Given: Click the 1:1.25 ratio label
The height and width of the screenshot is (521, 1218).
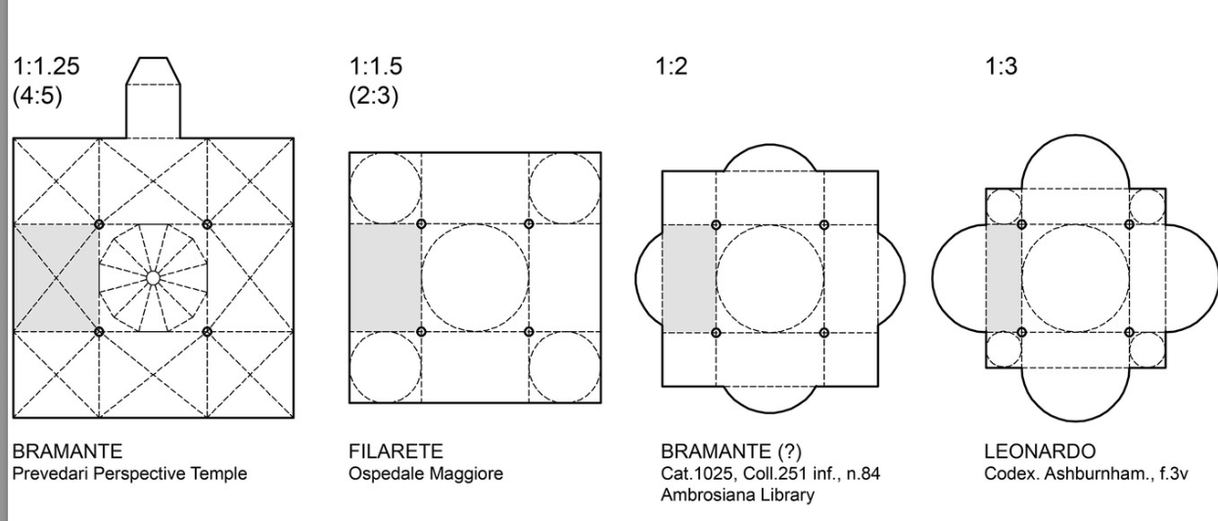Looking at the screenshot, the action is (x=46, y=67).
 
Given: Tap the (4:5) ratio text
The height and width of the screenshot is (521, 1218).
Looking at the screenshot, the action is (x=37, y=96).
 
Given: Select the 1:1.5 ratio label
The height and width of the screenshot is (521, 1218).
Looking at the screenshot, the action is (x=376, y=67).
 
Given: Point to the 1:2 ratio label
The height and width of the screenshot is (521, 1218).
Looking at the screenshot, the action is (x=672, y=67).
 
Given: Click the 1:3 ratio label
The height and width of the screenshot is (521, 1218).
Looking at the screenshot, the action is (x=1001, y=67).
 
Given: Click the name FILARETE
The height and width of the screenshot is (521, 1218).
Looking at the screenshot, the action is (x=396, y=451).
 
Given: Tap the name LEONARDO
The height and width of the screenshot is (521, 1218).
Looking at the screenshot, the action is (x=1040, y=451).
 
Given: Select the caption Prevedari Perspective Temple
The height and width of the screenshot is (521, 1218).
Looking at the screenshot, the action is (x=129, y=474).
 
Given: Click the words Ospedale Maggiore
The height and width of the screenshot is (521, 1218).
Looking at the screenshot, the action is (x=426, y=474).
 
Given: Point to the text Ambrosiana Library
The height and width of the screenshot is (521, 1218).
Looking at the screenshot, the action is (x=738, y=495).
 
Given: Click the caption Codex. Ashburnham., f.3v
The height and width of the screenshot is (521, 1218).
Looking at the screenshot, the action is (x=1086, y=474).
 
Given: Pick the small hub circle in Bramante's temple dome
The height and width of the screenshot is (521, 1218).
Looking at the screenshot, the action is (x=154, y=278).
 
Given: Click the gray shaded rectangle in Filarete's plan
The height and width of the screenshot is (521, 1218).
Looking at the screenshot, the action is (x=385, y=277).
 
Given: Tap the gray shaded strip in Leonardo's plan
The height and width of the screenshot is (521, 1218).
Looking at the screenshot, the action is (x=1004, y=278).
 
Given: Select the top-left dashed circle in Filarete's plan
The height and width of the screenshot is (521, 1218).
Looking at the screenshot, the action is (x=386, y=188).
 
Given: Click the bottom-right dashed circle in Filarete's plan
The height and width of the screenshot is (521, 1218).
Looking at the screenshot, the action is (x=565, y=367).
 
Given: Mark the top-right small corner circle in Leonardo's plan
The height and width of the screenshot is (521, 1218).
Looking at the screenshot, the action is (x=1148, y=207).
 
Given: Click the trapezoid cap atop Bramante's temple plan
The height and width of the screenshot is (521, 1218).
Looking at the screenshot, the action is (x=154, y=71).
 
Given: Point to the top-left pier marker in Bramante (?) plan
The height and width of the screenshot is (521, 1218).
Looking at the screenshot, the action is (x=716, y=224).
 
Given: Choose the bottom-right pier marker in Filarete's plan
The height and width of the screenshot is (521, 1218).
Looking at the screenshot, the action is (x=529, y=332).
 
